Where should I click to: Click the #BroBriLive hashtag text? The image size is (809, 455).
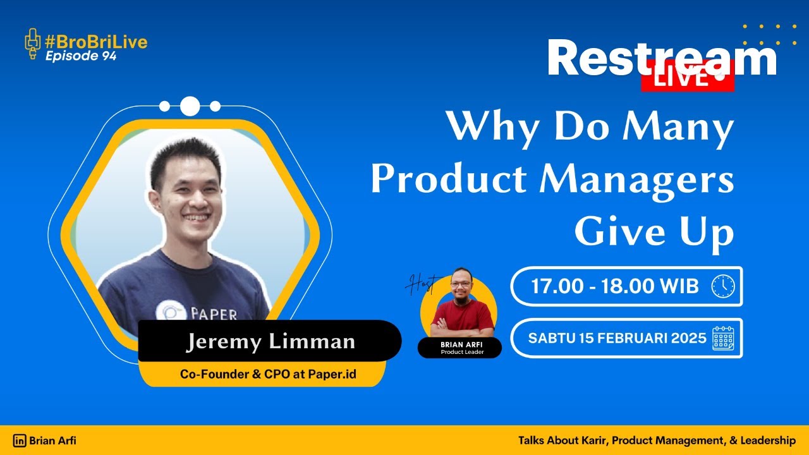(96, 42)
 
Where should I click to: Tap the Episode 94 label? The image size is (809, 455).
(80, 56)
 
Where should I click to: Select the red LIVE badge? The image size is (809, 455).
(687, 78)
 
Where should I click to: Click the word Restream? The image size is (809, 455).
(661, 58)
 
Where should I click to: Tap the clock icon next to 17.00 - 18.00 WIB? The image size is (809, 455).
(722, 286)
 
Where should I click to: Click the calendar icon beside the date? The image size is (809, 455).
(722, 338)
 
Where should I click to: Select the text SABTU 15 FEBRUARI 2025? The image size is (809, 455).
(617, 337)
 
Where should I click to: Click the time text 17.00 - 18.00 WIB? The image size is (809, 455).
(614, 286)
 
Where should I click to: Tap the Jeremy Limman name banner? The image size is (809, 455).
(270, 342)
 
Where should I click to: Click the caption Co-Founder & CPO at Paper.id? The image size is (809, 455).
(268, 374)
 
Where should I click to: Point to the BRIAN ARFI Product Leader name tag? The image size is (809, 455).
(459, 348)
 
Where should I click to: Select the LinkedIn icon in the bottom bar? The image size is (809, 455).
(20, 440)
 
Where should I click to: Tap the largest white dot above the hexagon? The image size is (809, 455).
(190, 106)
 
